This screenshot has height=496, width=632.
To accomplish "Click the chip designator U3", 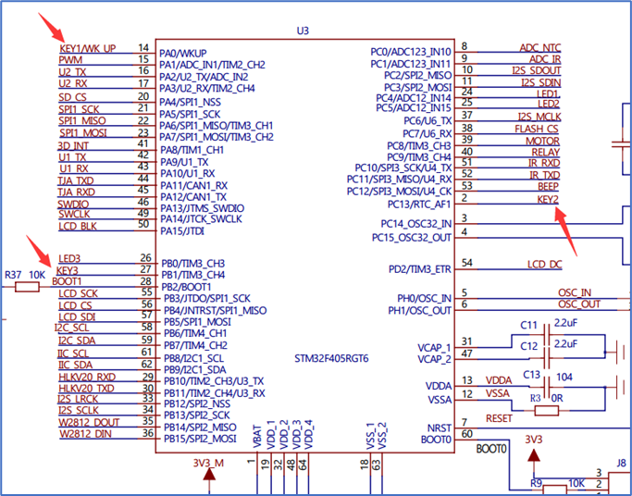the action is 303,31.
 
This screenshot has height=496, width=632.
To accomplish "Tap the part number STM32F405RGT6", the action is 331,359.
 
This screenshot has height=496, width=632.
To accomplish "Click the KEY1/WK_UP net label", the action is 88,49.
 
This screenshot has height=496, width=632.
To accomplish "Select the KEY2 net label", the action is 548,200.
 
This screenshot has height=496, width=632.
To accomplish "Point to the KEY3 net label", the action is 68,270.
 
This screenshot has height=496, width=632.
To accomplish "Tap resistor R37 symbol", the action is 27,287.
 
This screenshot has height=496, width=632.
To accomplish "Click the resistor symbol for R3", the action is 547,411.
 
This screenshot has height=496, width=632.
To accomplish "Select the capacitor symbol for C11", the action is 547,334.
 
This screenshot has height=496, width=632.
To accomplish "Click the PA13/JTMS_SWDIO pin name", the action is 203,208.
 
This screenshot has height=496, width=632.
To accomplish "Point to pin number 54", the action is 466,263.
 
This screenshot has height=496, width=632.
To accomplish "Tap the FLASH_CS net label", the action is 537,129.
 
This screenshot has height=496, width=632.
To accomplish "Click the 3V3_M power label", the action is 208,463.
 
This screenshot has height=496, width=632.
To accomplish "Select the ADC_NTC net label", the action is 540,48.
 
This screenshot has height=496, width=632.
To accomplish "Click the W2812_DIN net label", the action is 85,434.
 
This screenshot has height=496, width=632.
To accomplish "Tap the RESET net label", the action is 499,418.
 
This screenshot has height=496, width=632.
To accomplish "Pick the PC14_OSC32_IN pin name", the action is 416,224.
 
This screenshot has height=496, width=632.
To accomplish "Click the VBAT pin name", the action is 257,437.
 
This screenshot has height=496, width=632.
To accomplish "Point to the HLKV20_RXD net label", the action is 87,378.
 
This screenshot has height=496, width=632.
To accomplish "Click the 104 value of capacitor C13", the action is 564,378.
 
